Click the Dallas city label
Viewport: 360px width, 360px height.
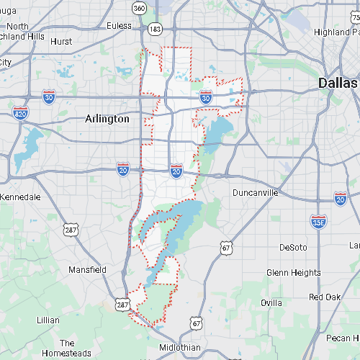tap(338, 84)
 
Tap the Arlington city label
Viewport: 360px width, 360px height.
tap(107, 119)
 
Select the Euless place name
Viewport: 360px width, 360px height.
tap(119, 26)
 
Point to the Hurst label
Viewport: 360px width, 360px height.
tap(61, 42)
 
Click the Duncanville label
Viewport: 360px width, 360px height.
tap(260, 192)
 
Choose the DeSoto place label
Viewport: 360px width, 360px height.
tap(293, 247)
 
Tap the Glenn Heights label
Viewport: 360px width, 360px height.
tap(294, 273)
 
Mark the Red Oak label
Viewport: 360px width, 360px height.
tap(325, 297)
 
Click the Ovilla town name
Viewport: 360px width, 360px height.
tap(271, 302)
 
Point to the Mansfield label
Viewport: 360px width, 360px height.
tap(87, 270)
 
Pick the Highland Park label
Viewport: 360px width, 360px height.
tap(337, 32)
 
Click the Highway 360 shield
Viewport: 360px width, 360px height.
tap(139, 8)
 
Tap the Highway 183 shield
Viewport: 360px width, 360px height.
tap(155, 28)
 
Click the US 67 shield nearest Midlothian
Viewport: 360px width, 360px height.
tap(196, 325)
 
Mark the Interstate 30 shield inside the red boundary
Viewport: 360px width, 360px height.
tap(207, 96)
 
